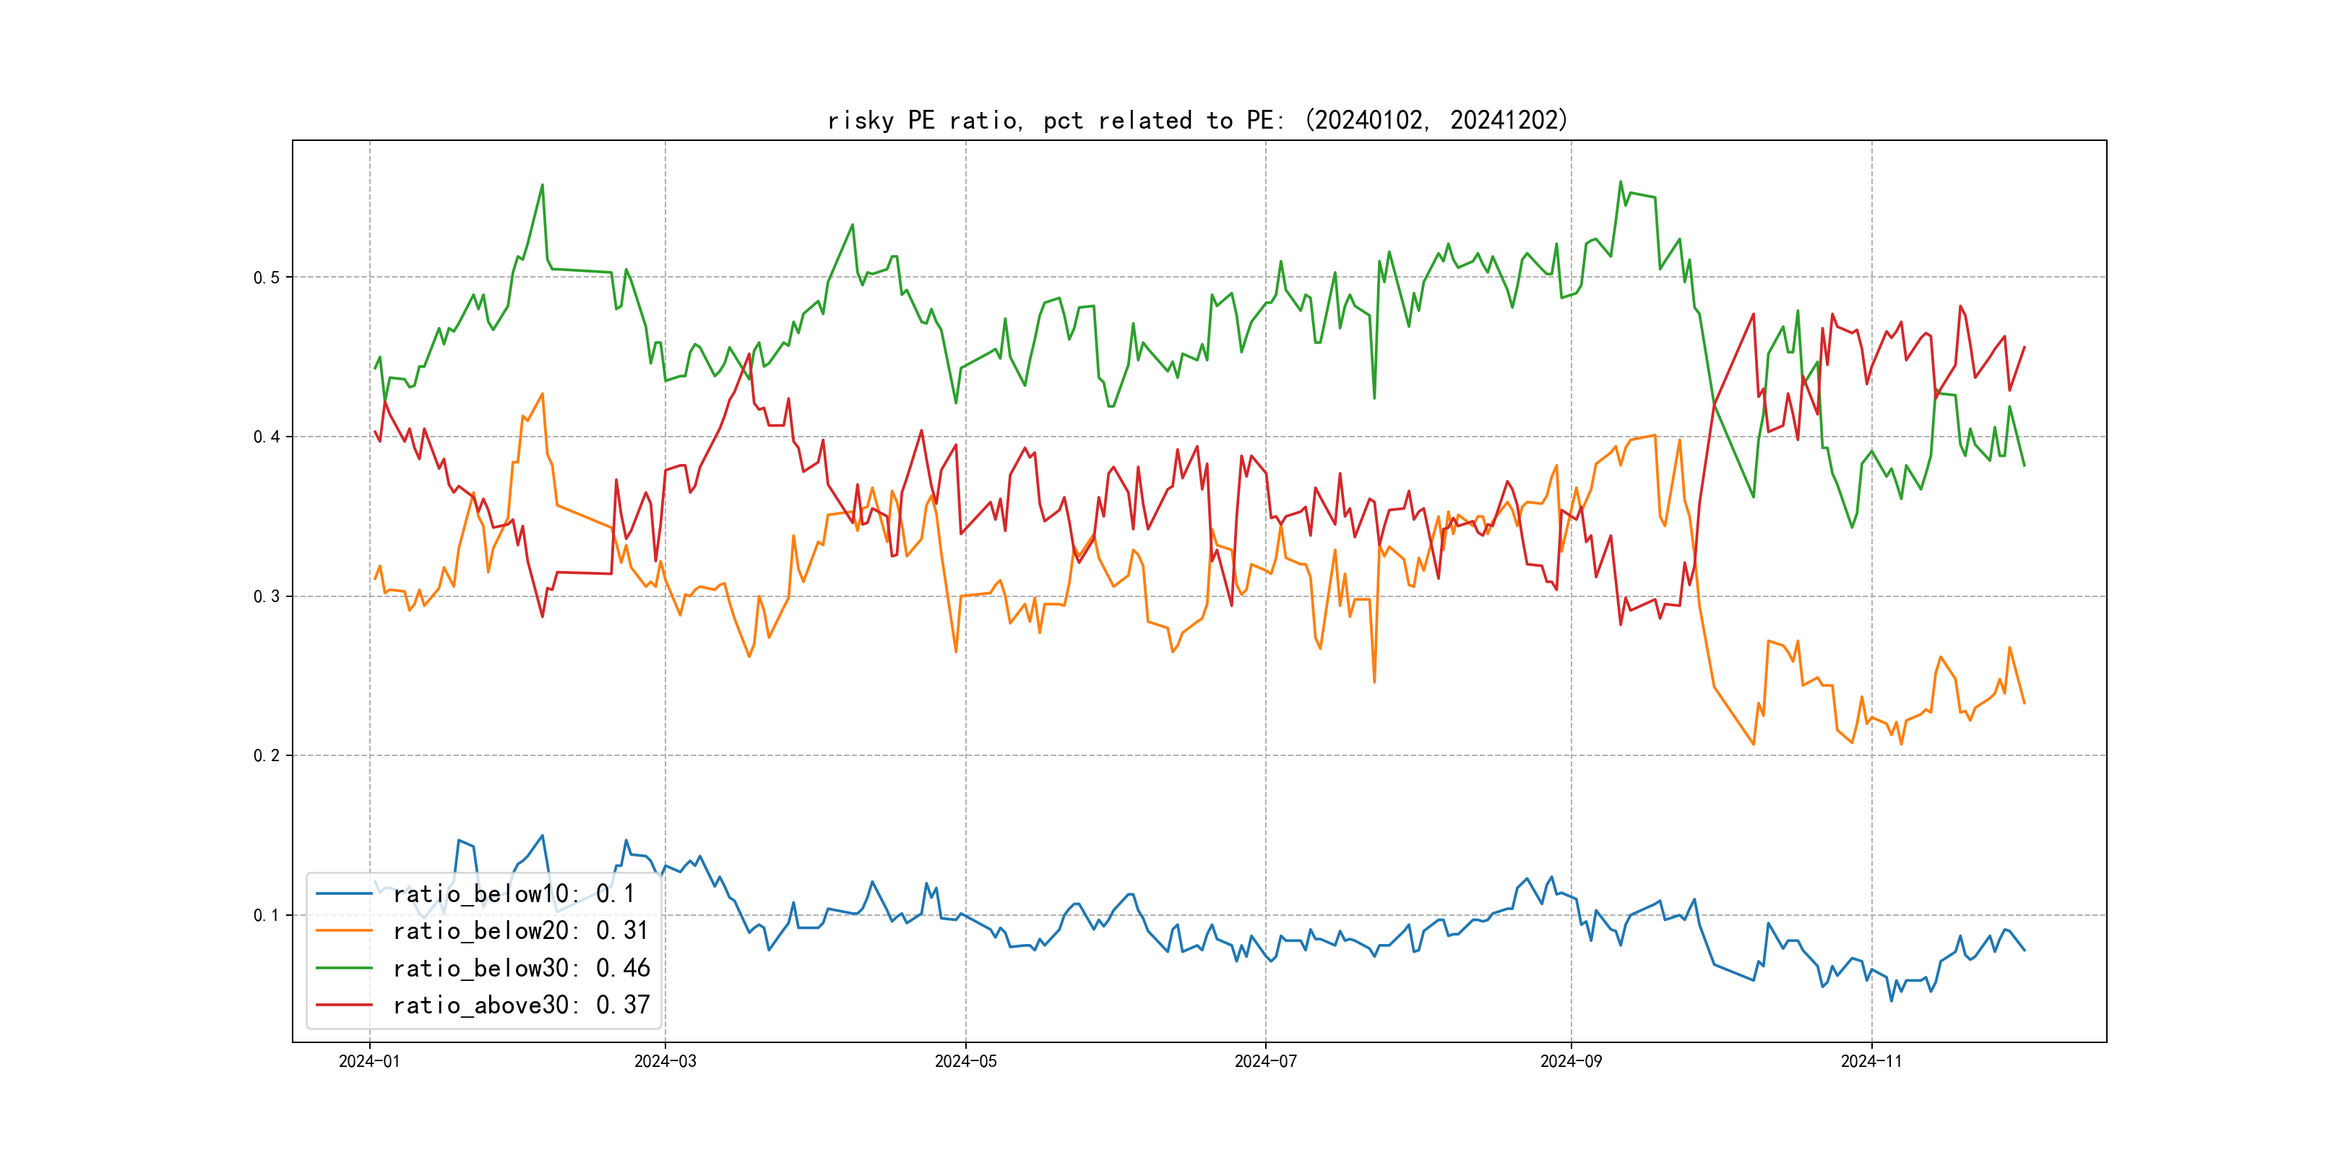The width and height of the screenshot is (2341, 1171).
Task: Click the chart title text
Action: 1198,120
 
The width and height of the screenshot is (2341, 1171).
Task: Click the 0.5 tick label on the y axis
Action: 267,278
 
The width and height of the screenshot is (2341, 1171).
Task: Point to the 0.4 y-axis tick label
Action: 267,437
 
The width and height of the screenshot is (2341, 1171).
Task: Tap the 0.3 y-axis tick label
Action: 267,596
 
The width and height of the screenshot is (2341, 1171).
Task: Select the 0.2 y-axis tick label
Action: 267,755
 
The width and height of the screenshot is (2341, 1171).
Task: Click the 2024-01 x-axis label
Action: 369,1061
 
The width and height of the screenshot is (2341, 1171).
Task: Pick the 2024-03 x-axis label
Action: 665,1061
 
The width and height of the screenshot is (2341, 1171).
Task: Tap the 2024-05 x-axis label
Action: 965,1061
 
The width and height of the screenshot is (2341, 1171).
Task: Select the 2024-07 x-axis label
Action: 1265,1061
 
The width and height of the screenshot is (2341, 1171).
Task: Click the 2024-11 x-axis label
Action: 1871,1061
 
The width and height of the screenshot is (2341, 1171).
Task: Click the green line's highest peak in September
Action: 1621,182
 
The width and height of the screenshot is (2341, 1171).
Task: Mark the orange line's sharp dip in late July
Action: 1374,682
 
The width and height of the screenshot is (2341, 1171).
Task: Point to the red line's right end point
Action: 2024,347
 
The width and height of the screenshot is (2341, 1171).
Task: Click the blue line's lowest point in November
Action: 1892,1001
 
